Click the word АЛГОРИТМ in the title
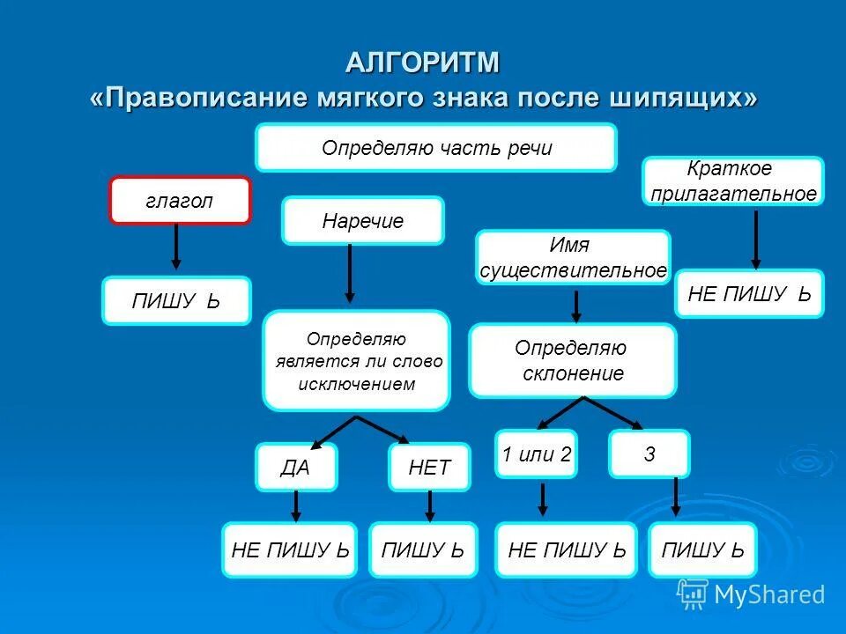(x=422, y=63)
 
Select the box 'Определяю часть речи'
(x=435, y=147)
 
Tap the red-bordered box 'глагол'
(x=180, y=201)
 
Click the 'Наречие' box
(x=362, y=220)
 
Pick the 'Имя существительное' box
(x=573, y=257)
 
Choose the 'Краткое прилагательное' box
(x=733, y=181)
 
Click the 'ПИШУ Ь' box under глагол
(x=176, y=301)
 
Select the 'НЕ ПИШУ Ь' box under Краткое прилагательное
(x=749, y=293)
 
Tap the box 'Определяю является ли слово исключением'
(x=356, y=361)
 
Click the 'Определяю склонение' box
(x=572, y=361)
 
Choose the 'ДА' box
(x=296, y=467)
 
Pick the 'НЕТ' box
(x=429, y=467)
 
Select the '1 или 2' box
(x=536, y=454)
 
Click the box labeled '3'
(x=649, y=454)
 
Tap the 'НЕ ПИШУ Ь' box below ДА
(x=290, y=550)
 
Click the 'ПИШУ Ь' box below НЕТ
(x=423, y=550)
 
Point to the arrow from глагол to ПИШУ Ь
(x=176, y=247)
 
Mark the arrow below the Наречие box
(x=350, y=273)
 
